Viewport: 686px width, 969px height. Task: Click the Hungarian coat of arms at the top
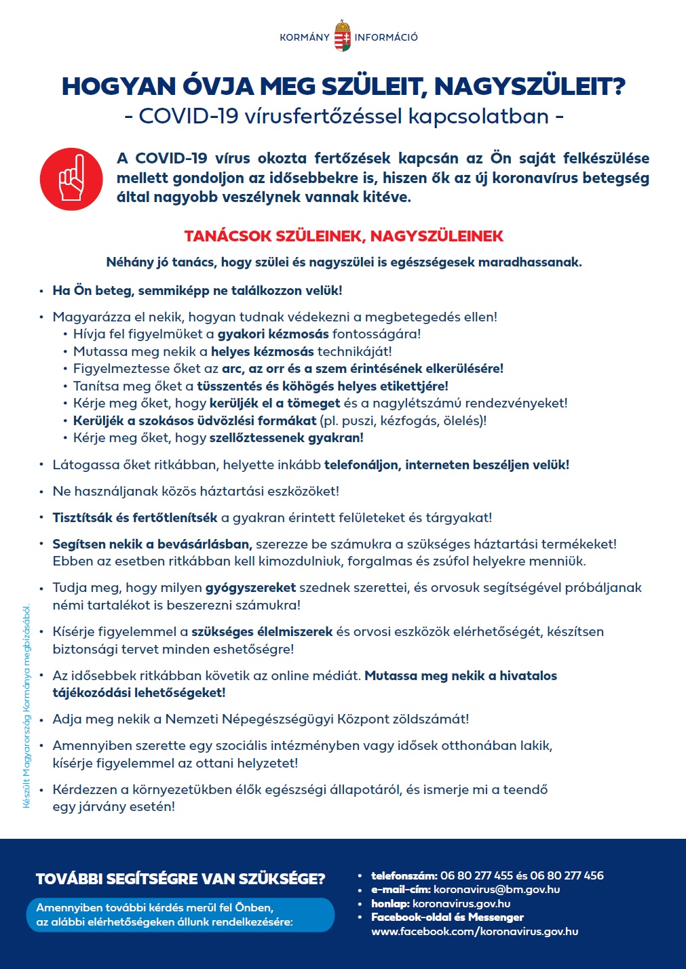[x=343, y=37]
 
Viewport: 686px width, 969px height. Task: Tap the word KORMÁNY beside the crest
[x=305, y=37]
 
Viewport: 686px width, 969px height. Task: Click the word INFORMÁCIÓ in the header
[x=386, y=37]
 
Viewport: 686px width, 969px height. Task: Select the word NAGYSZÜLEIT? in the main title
[x=529, y=86]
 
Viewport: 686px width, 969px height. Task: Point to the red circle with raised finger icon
[x=71, y=179]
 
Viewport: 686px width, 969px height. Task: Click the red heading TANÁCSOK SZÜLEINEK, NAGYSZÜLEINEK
[x=343, y=236]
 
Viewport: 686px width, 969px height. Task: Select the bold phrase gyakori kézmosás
[x=273, y=334]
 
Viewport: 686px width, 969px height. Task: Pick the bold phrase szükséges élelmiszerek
[x=262, y=631]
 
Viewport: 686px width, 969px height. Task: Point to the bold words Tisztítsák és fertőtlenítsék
[x=135, y=517]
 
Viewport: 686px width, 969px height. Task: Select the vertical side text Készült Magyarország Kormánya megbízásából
[x=27, y=706]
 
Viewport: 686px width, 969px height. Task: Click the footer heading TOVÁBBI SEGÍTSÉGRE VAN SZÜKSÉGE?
[x=180, y=879]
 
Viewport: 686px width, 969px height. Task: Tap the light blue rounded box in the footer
[x=180, y=915]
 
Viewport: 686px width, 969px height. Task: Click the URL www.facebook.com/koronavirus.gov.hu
[x=474, y=931]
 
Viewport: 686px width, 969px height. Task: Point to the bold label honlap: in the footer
[x=390, y=903]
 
